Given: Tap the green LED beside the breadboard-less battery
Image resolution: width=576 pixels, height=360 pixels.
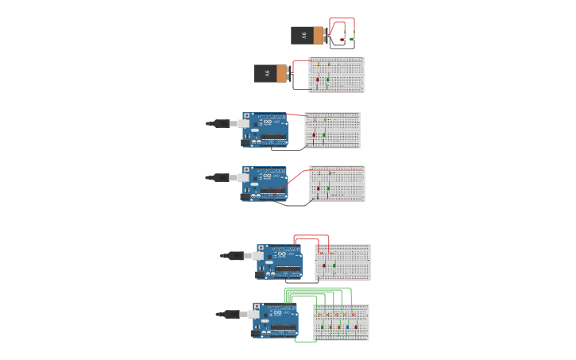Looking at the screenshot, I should click(x=351, y=37).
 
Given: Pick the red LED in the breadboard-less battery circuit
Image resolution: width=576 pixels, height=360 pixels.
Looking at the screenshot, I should click(x=342, y=38).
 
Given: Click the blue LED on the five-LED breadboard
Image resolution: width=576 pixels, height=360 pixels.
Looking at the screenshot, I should click(x=347, y=326).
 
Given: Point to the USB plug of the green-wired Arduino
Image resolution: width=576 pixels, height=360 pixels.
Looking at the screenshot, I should click(x=234, y=314).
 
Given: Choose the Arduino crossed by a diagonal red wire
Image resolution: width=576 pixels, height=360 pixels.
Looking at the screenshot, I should click(x=265, y=184).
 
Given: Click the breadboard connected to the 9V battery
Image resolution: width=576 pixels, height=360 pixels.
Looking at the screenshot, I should click(x=336, y=74).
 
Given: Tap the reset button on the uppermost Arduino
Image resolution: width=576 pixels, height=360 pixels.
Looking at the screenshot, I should click(x=246, y=116).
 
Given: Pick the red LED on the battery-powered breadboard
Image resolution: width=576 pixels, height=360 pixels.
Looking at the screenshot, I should click(x=318, y=79).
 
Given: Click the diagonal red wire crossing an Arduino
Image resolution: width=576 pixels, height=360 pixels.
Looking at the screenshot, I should click(x=295, y=180).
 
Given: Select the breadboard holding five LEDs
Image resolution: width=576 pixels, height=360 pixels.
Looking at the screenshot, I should click(x=342, y=322).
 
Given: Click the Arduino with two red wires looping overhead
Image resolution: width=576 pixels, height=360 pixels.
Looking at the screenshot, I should click(x=279, y=261).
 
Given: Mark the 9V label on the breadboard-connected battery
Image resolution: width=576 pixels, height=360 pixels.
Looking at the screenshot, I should click(x=267, y=74).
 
